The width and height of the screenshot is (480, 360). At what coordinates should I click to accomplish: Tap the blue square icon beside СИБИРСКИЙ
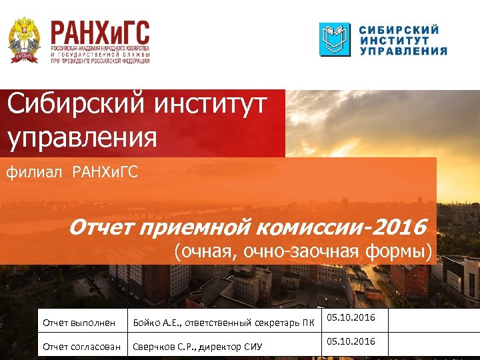[334, 39]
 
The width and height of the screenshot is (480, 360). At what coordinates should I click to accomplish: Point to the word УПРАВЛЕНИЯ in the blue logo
[403, 51]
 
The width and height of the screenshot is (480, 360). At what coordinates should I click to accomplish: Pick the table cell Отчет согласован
[81, 347]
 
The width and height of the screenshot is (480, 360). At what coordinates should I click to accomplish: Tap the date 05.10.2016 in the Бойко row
[352, 318]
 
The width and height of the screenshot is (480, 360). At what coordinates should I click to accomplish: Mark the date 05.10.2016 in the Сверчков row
[352, 341]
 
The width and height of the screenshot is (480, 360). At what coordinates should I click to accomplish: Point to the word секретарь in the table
[274, 323]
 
